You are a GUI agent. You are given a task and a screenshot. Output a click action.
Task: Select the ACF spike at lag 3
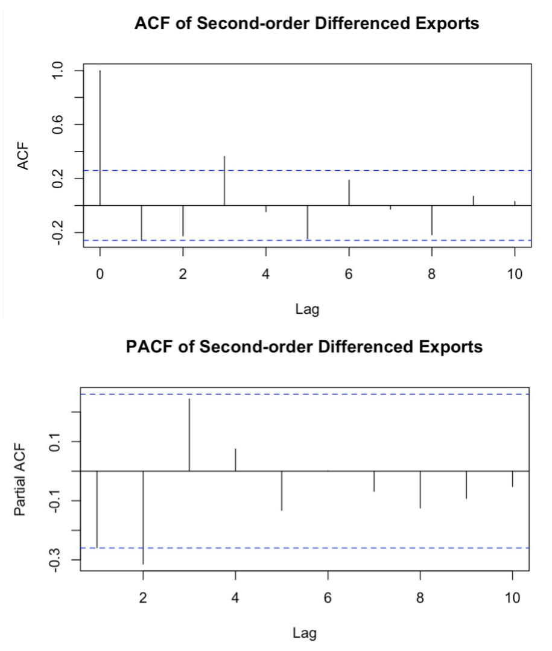[x=224, y=180]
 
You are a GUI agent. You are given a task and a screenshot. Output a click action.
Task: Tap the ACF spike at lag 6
[x=349, y=192]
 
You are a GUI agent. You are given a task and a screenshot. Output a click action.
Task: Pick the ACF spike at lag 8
[x=432, y=220]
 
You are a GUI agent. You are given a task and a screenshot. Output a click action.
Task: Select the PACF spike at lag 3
[x=189, y=434]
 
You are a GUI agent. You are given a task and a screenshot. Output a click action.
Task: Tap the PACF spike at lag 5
[x=282, y=491]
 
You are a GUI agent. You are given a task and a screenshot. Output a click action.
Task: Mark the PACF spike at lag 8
[x=420, y=489]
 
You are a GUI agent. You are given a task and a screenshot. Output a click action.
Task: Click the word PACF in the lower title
[x=151, y=348]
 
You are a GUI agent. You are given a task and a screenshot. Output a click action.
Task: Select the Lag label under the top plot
[x=307, y=310]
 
